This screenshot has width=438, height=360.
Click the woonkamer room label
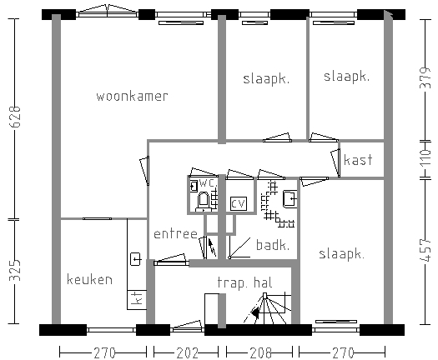tap(132, 97)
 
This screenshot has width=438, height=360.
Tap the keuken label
tap(89, 279)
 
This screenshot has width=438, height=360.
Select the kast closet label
tap(358, 160)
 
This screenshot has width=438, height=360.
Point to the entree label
tap(176, 234)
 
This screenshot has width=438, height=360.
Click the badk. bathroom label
tap(273, 245)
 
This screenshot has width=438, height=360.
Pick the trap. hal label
tap(244, 282)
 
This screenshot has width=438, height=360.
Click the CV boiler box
tap(239, 203)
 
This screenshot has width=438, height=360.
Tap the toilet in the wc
tap(204, 201)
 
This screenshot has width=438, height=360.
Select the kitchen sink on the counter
tap(136, 259)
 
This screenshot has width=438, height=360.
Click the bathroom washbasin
tap(290, 198)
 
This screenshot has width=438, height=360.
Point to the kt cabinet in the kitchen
tap(137, 300)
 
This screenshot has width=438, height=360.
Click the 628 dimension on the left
tap(15, 117)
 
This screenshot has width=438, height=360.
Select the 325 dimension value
tap(15, 270)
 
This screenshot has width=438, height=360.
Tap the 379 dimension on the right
tap(425, 77)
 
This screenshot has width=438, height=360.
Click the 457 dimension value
tap(425, 250)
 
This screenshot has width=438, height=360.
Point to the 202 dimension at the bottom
tap(187, 353)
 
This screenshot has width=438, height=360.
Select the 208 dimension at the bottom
tap(260, 353)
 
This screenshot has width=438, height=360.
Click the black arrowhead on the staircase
tap(255, 312)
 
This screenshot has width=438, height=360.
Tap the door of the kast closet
tap(335, 163)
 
